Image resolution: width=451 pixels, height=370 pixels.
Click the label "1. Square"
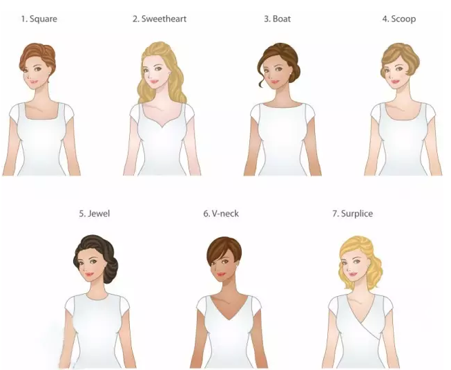[39, 19]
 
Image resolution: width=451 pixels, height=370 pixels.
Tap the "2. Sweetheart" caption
[160, 19]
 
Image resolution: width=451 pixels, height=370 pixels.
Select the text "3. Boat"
[277, 19]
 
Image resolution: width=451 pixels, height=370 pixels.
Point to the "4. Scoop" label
[399, 19]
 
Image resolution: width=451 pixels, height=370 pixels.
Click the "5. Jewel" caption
[95, 214]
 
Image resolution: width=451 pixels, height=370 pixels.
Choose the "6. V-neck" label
[221, 214]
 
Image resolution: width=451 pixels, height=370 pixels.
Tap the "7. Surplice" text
[353, 214]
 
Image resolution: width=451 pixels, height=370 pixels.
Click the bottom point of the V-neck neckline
[229, 320]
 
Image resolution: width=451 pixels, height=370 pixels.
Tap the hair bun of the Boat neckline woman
[294, 73]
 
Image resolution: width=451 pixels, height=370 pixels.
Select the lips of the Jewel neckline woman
[89, 274]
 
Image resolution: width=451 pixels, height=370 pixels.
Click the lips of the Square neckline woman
[35, 82]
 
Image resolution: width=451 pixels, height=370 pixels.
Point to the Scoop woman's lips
[396, 82]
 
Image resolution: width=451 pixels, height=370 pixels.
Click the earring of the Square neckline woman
[49, 73]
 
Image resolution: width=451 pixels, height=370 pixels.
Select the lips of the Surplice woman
[353, 274]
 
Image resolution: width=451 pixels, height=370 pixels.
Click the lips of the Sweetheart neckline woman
[154, 82]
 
